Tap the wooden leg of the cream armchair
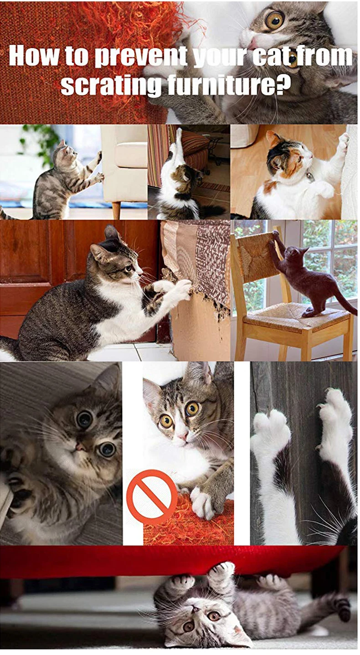pos(116,210)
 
